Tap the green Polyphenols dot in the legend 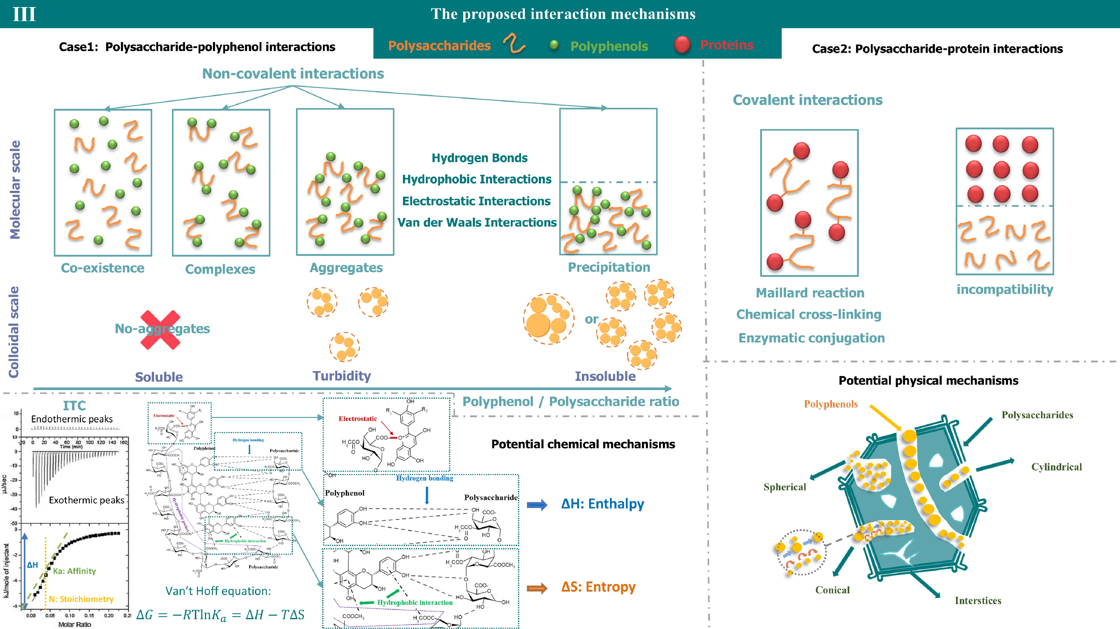[x=554, y=45]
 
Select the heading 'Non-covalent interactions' [x=293, y=74]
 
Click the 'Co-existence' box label [x=103, y=268]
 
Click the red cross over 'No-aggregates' [x=160, y=330]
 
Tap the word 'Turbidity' [x=342, y=376]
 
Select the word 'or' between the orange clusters [x=591, y=319]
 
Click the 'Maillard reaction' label [x=810, y=293]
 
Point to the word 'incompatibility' [x=1004, y=289]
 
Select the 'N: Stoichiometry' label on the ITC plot [x=81, y=599]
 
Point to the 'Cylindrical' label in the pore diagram [x=1056, y=467]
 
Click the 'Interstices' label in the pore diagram [x=978, y=601]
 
